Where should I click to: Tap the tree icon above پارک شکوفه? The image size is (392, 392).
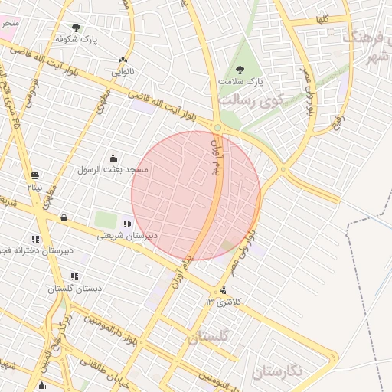coord(76,28)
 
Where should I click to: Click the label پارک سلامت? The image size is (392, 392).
coord(240,80)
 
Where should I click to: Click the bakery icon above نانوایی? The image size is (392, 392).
coord(122,60)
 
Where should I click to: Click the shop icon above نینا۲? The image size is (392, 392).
coord(34,175)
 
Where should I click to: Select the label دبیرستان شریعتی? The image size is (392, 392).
coord(126,236)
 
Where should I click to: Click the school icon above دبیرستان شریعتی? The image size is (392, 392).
coord(126,224)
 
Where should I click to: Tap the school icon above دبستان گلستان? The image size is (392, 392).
coord(74,276)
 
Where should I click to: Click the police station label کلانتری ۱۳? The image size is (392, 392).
coord(223,302)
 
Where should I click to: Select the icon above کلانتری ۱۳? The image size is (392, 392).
coord(223,290)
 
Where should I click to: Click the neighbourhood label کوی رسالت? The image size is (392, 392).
coord(250,100)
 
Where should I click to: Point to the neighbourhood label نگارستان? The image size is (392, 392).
coord(277,371)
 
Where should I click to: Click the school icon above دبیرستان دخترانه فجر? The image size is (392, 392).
coord(35,240)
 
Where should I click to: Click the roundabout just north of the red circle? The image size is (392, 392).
coord(218,128)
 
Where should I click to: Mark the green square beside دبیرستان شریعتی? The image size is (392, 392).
coord(106,220)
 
